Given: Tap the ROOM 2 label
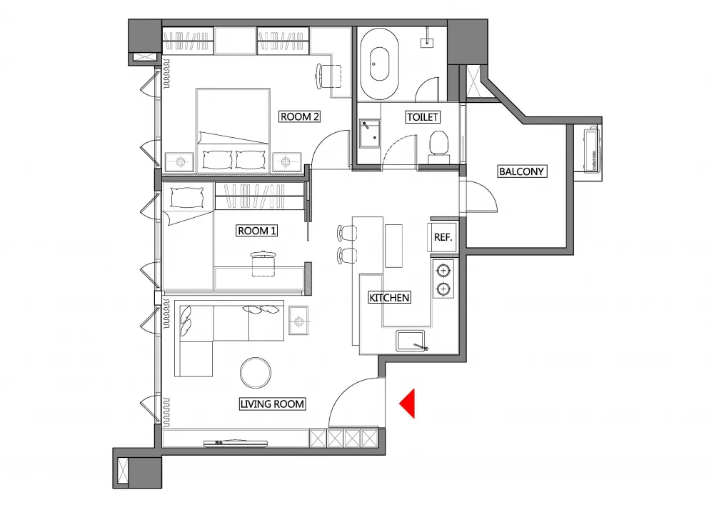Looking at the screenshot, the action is tap(300, 116).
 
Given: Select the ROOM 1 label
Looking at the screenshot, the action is tap(257, 231).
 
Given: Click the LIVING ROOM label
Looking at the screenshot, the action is tap(272, 404).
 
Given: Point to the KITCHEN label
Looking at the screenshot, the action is tap(389, 298).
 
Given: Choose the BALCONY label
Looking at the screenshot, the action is tap(521, 171).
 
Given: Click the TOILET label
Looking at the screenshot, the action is tap(423, 117).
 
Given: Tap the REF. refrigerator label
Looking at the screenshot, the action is tap(443, 237).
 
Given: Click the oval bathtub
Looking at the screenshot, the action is tap(379, 64).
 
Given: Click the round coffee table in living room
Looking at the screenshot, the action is tap(256, 372).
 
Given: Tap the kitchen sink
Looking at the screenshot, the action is tap(411, 341).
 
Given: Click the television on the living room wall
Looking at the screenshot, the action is tap(236, 442).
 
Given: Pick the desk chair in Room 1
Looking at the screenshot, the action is tap(263, 263).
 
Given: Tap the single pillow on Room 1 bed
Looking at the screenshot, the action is tap(186, 198).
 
